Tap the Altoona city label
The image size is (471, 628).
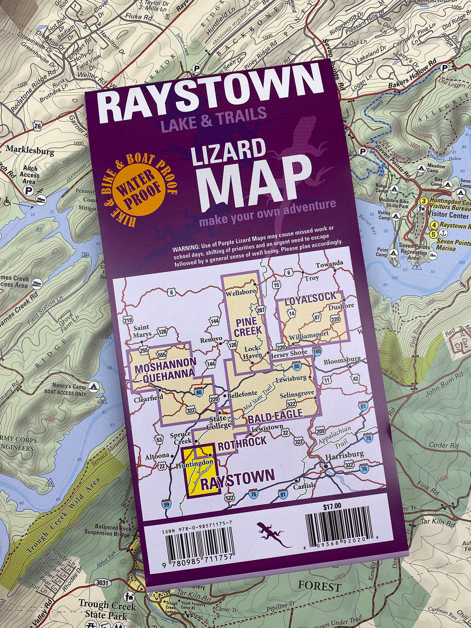coord(157,456)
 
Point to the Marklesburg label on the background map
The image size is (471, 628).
coord(29,151)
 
